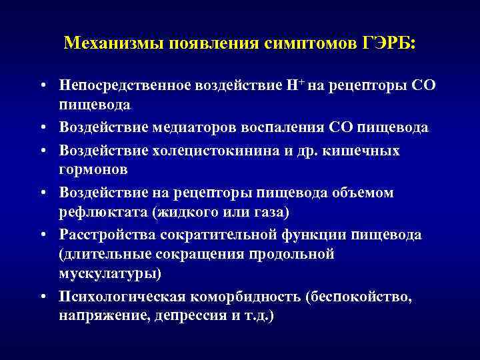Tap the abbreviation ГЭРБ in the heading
389,44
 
